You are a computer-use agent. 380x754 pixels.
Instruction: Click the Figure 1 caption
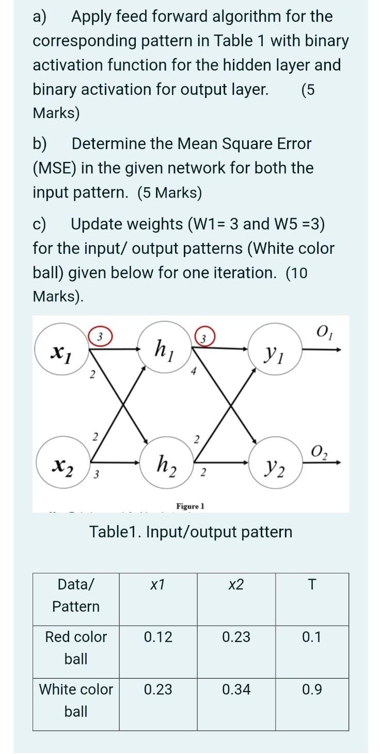[190, 506]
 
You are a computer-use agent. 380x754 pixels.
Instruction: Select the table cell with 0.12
[158, 637]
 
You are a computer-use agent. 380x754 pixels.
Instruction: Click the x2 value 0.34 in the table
[236, 690]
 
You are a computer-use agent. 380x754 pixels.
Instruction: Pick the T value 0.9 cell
[311, 690]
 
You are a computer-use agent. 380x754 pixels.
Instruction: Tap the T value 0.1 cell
[311, 637]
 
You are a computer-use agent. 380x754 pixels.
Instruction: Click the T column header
[311, 584]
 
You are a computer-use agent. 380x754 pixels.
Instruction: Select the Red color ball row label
[76, 648]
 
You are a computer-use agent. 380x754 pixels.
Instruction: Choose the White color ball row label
[76, 700]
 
